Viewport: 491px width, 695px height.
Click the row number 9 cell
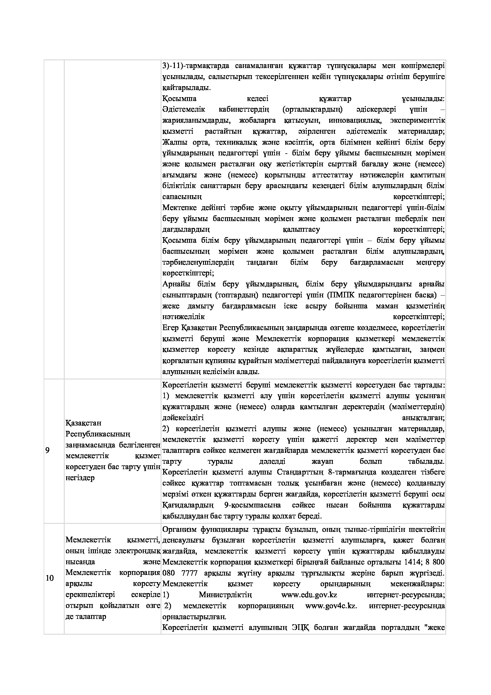47,450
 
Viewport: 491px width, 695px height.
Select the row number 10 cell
50,578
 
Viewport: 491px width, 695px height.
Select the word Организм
180,529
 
